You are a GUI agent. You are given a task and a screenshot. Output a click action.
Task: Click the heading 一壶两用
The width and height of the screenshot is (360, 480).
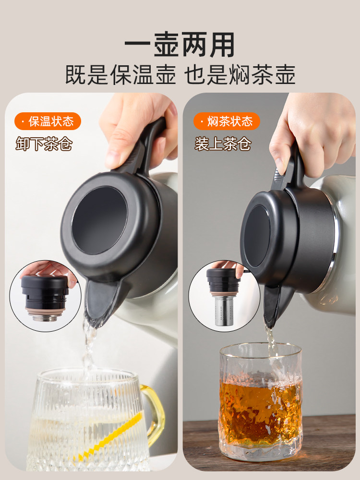pyautogui.click(x=180, y=46)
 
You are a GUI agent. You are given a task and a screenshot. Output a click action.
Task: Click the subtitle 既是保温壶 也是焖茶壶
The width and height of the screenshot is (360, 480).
pyautogui.click(x=180, y=75)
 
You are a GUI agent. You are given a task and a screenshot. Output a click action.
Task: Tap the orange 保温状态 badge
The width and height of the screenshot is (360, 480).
pyautogui.click(x=48, y=121)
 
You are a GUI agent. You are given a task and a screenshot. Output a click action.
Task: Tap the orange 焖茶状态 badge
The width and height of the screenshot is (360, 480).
pyautogui.click(x=227, y=121)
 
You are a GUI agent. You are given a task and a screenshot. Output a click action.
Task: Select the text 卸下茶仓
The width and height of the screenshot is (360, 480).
pyautogui.click(x=44, y=144)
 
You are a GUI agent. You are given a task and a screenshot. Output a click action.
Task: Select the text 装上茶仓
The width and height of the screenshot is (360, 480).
pyautogui.click(x=223, y=144)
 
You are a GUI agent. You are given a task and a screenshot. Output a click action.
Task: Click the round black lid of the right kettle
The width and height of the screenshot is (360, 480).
pyautogui.click(x=258, y=236)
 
